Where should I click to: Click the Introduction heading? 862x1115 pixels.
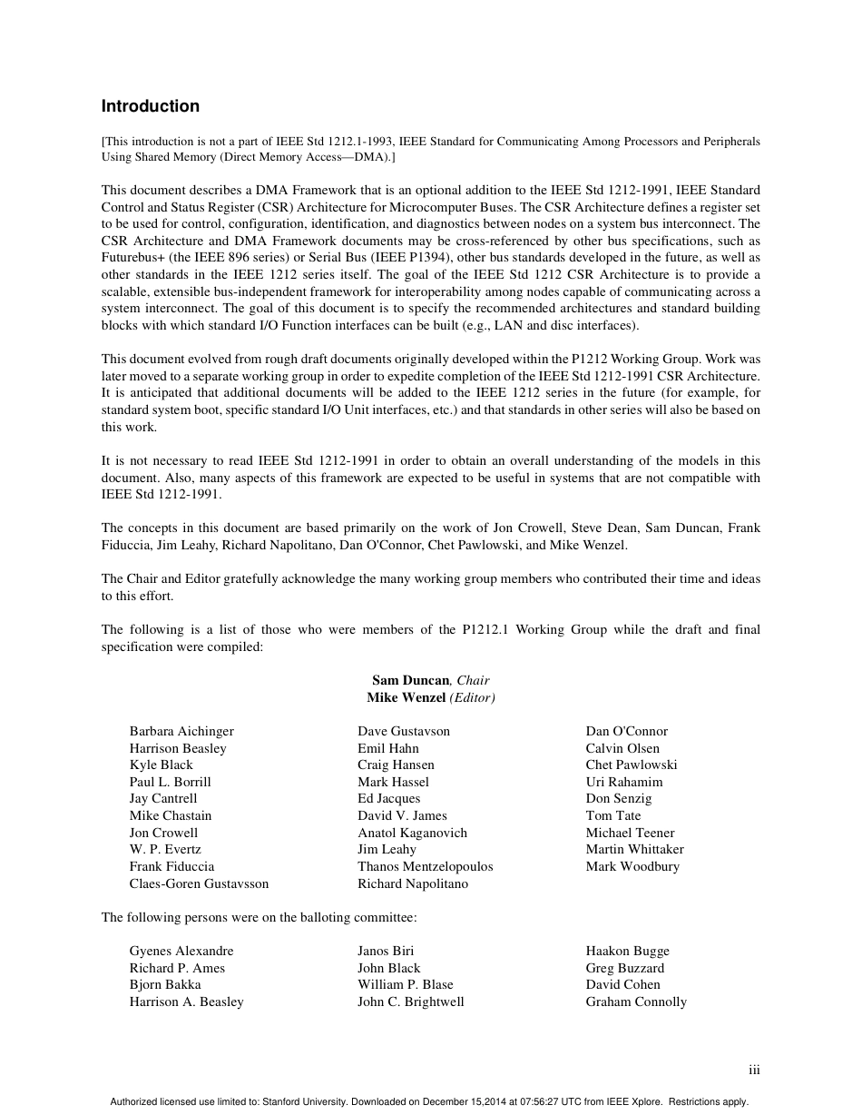coord(150,106)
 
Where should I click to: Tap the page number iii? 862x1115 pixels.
coord(754,1071)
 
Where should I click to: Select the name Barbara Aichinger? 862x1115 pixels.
coord(181,731)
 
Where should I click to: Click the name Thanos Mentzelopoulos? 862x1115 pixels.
coord(426,866)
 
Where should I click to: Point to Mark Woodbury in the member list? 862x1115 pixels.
coord(632,866)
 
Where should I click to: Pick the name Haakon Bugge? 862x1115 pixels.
coord(628,951)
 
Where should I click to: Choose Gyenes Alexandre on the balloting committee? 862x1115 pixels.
coord(181,951)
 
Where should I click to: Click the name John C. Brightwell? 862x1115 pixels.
coord(411,1002)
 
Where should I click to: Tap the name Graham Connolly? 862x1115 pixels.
coord(636,1002)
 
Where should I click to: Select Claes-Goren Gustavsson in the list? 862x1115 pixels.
coord(199,883)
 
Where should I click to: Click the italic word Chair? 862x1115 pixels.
coord(473,680)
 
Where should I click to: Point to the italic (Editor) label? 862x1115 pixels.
coord(472,697)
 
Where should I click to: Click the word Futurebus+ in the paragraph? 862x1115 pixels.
coord(132,258)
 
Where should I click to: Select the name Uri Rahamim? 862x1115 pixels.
coord(624,782)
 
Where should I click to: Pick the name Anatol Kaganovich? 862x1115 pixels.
coord(413,833)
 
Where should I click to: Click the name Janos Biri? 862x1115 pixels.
coord(386,951)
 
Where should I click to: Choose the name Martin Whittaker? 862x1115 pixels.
coord(635,849)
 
